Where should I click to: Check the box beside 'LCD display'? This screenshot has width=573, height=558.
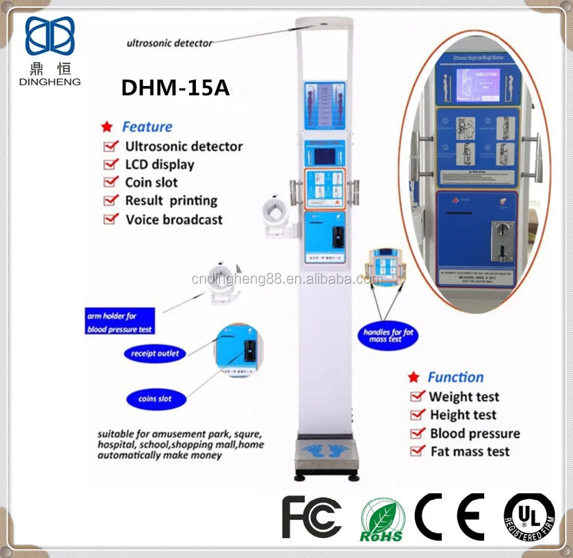(x=111, y=165)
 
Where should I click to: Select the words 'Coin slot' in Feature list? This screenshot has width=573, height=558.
(x=151, y=182)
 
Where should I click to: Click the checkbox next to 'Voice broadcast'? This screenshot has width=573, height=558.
(x=111, y=219)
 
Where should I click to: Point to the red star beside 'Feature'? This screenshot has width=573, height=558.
(x=106, y=127)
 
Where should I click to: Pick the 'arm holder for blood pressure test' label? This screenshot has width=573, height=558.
(x=120, y=323)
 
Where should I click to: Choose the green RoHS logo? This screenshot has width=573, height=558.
(x=382, y=520)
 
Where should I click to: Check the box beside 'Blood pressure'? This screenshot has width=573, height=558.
(x=417, y=433)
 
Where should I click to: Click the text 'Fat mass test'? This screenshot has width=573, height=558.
(x=470, y=451)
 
